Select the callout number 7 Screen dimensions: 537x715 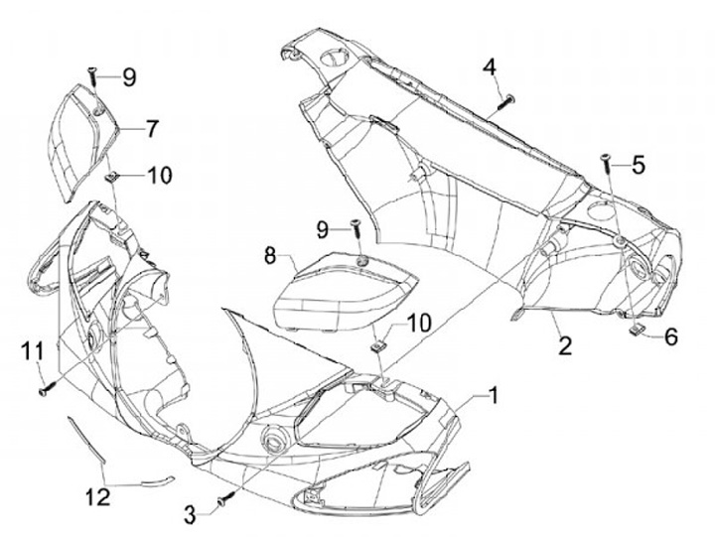(x=152, y=128)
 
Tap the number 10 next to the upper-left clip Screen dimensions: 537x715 (x=159, y=175)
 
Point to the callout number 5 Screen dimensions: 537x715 (x=639, y=165)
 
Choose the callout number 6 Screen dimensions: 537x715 (x=670, y=337)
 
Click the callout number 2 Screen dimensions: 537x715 (x=565, y=346)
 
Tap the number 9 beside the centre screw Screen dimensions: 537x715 (x=322, y=229)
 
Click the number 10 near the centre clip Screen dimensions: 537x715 (x=419, y=323)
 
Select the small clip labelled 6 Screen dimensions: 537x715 (x=638, y=331)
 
